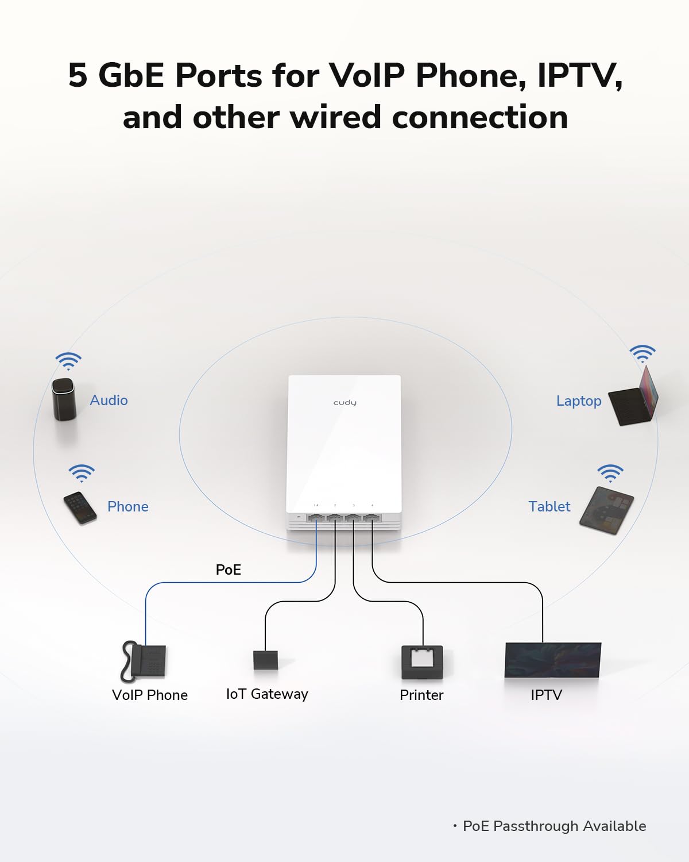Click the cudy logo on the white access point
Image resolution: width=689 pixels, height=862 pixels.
click(344, 402)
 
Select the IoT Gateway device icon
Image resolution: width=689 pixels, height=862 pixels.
click(265, 659)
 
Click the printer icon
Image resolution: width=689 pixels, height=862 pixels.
click(422, 661)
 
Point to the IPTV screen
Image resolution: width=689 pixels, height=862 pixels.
click(552, 660)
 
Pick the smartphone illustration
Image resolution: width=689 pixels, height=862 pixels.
click(80, 507)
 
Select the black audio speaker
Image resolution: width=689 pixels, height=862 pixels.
click(64, 398)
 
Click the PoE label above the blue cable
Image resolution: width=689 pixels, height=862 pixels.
click(228, 569)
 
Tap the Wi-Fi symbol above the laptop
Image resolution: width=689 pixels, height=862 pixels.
click(642, 353)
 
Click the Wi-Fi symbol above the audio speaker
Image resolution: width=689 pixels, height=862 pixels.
click(68, 361)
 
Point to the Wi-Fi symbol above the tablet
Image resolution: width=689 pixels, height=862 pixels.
click(610, 473)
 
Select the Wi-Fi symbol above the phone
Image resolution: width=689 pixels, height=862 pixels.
click(82, 473)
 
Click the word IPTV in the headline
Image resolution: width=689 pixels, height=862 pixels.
click(579, 75)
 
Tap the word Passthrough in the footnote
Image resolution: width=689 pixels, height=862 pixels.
click(535, 826)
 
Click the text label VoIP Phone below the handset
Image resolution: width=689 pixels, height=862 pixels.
click(150, 695)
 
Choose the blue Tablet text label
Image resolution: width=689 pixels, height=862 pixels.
click(549, 506)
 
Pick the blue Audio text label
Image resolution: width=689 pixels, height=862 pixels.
click(109, 400)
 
